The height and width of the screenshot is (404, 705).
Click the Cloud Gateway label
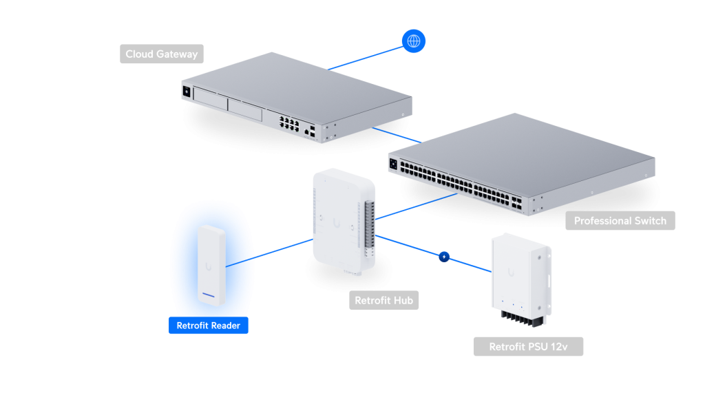[161, 54]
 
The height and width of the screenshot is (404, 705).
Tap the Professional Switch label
[620, 221]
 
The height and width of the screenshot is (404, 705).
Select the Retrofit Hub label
[383, 301]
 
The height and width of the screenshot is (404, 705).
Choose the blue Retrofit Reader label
[208, 326]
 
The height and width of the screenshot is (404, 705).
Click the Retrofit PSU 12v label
[528, 347]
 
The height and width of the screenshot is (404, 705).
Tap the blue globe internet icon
[414, 41]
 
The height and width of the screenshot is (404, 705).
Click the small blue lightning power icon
[444, 257]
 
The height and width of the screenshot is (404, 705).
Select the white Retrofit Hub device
[341, 220]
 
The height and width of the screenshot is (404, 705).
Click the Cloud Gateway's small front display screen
[186, 90]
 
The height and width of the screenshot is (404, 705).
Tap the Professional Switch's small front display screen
[394, 164]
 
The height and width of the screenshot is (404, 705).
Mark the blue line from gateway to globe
[365, 57]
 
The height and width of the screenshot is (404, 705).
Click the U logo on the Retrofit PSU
[512, 273]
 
